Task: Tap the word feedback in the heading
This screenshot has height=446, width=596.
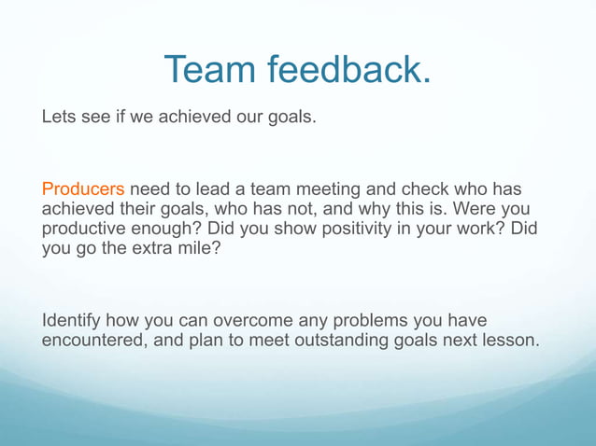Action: pyautogui.click(x=349, y=70)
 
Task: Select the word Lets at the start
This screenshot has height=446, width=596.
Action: pyautogui.click(x=59, y=119)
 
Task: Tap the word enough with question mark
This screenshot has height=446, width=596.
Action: pyautogui.click(x=171, y=229)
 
